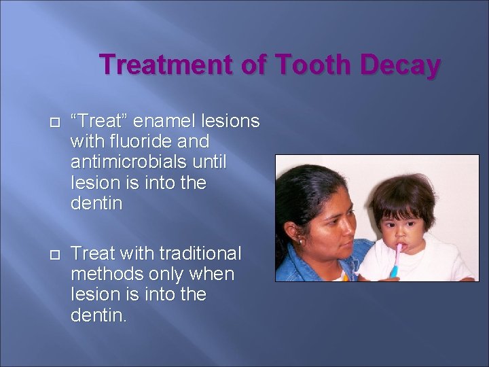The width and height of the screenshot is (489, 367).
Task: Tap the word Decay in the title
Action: pyautogui.click(x=401, y=65)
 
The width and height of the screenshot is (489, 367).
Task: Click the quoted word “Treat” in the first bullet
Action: pyautogui.click(x=99, y=121)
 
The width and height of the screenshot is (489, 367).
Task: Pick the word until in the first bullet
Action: pyautogui.click(x=207, y=162)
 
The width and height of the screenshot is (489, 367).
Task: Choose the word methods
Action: pyautogui.click(x=105, y=275)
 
